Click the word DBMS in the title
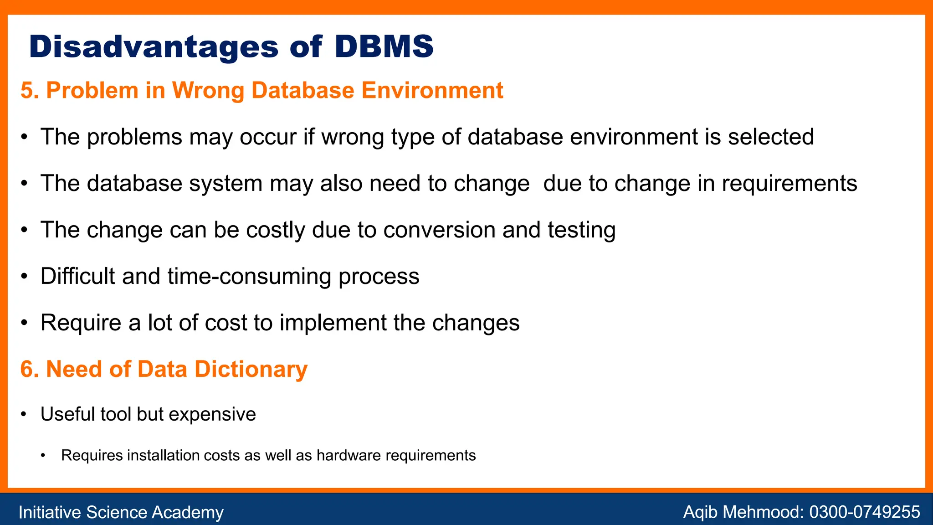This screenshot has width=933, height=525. click(x=384, y=46)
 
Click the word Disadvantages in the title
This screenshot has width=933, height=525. click(x=154, y=46)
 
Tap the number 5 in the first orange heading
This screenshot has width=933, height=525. click(x=27, y=90)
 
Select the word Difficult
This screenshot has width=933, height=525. click(x=77, y=276)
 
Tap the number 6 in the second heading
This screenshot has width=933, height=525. click(x=27, y=369)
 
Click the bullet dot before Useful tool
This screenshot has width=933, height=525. click(x=25, y=414)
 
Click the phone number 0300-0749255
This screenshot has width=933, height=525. click(x=864, y=512)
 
